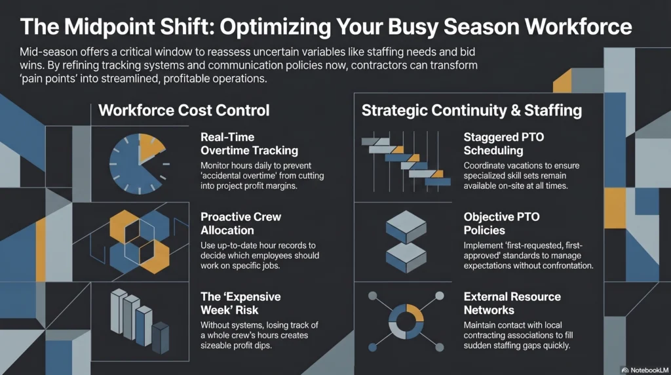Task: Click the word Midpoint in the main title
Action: (109, 26)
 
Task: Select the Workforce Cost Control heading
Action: (184, 110)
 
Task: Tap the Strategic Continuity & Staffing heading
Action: (472, 110)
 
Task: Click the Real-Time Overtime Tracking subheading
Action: (250, 144)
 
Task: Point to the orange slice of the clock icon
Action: (150, 147)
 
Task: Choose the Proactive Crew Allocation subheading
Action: (241, 224)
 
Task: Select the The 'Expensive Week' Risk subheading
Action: (241, 303)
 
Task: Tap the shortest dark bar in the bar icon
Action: (161, 338)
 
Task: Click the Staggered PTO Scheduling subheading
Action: (504, 144)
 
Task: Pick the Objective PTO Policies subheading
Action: (501, 224)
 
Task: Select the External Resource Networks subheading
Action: (512, 303)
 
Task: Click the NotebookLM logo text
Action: (649, 370)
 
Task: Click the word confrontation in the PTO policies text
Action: (567, 266)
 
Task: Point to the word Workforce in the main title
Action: (578, 26)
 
